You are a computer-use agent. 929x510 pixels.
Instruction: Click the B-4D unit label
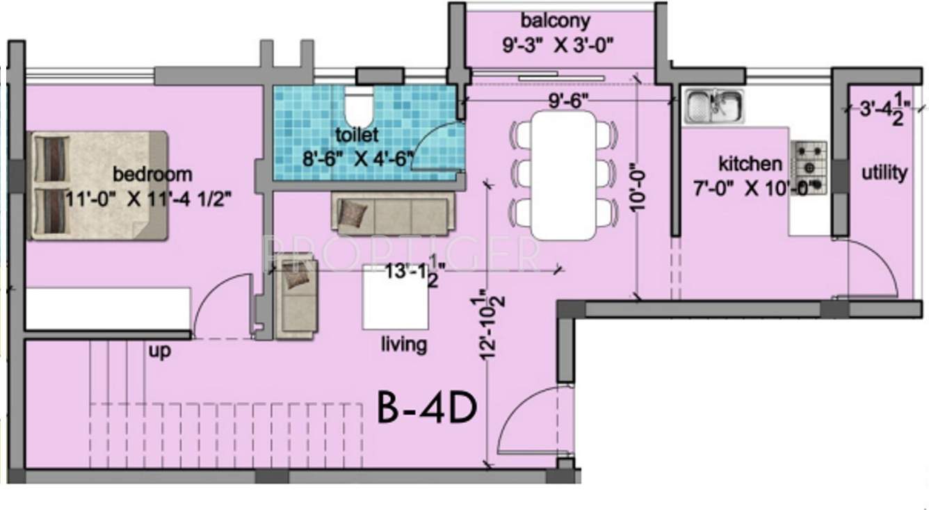(x=427, y=409)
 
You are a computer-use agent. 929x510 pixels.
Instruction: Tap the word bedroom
(x=152, y=174)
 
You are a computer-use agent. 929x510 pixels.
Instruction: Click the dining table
(x=566, y=175)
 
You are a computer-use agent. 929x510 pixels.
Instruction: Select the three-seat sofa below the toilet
(x=394, y=215)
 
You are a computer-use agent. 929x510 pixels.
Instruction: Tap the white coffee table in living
(x=395, y=297)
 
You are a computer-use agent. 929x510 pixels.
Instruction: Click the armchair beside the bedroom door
(x=296, y=296)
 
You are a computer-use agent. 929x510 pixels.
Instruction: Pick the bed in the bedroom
(x=98, y=186)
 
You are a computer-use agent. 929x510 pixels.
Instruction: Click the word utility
(x=884, y=172)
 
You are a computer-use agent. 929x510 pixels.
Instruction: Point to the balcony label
(x=556, y=20)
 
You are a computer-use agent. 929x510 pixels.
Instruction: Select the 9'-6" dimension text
(x=569, y=101)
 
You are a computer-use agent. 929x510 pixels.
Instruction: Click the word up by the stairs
(x=159, y=352)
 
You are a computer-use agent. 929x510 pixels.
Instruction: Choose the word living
(x=403, y=345)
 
